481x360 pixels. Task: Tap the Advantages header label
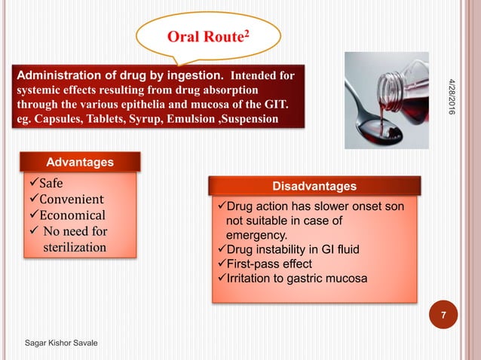click(81, 162)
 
